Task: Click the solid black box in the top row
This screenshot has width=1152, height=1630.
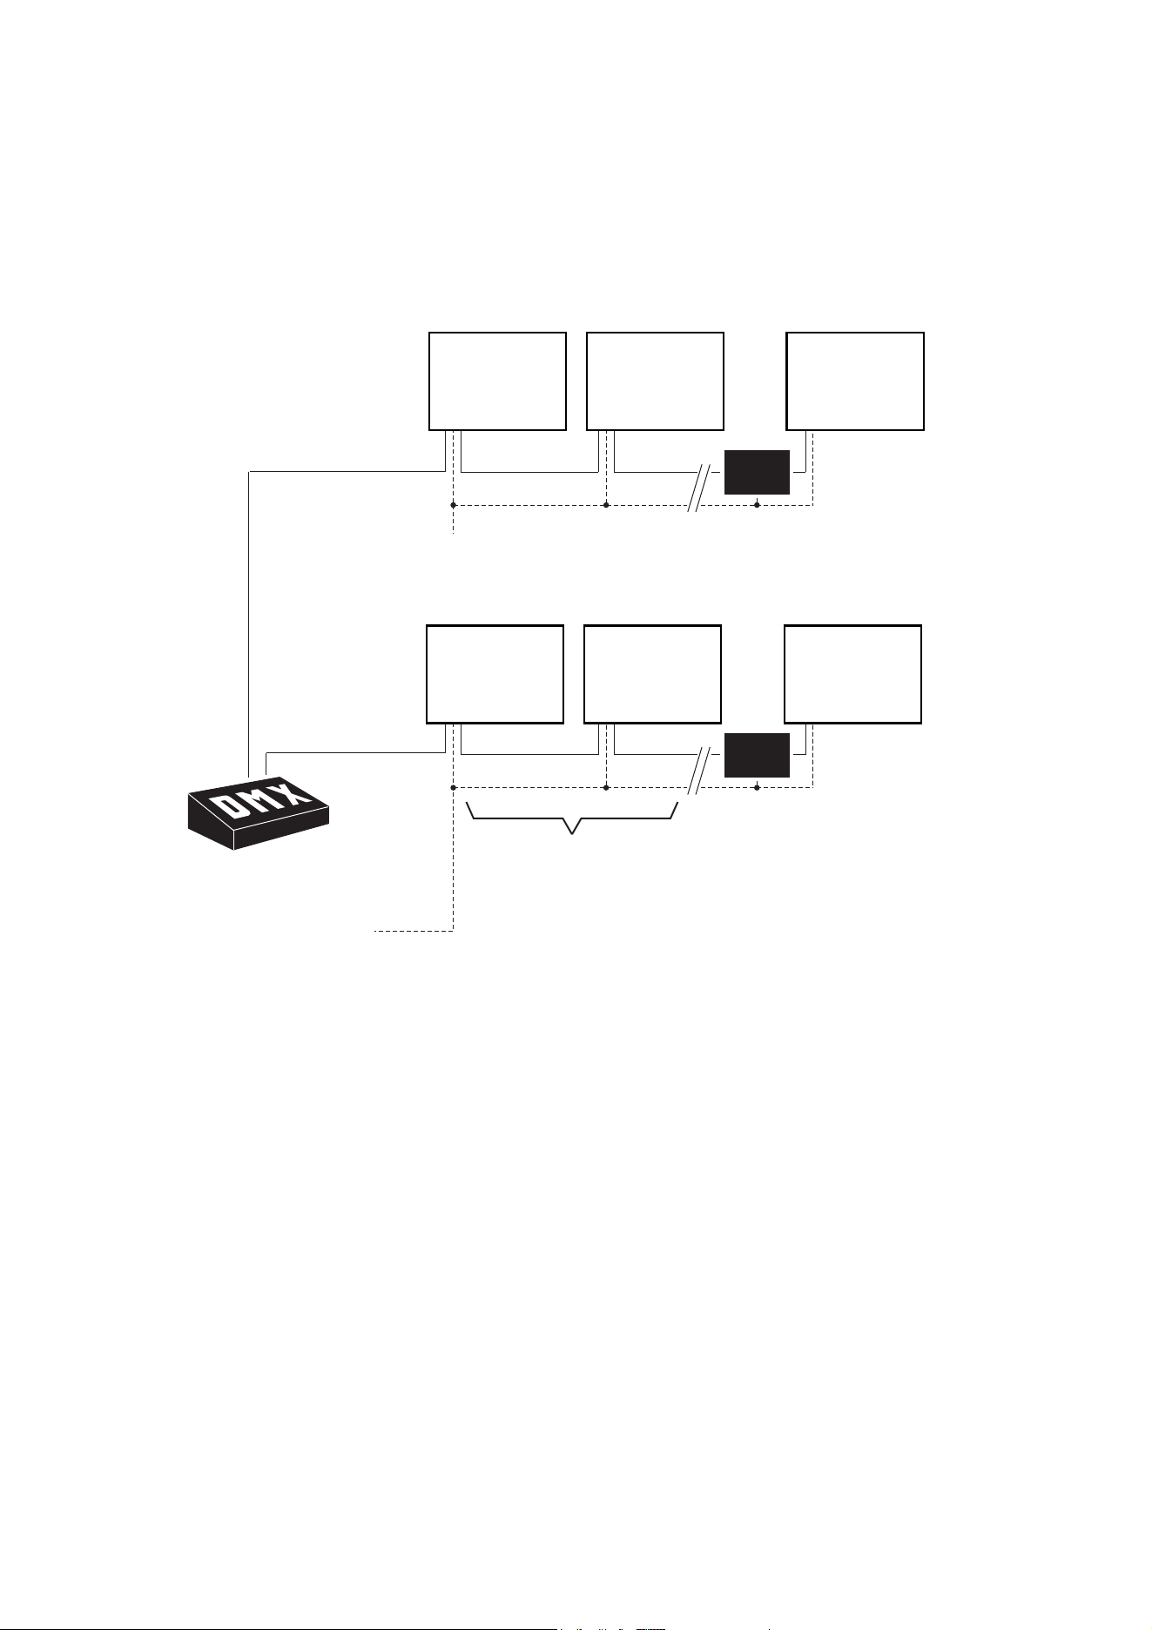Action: point(757,472)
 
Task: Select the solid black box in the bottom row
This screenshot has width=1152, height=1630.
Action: point(757,755)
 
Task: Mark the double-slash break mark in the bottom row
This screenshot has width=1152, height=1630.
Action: point(700,771)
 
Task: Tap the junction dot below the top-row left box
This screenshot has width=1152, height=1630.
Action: point(454,505)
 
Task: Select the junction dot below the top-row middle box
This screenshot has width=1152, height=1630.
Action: point(605,505)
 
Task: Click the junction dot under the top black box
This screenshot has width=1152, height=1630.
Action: point(757,505)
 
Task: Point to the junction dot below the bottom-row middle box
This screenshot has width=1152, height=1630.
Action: point(605,788)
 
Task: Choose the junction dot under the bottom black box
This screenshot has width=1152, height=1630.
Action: point(757,788)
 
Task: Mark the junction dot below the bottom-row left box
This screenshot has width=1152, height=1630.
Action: point(454,788)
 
